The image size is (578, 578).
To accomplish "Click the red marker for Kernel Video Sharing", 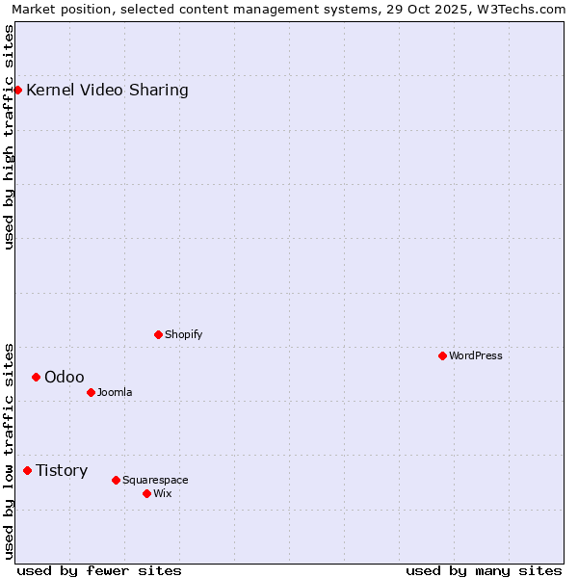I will pyautogui.click(x=17, y=90).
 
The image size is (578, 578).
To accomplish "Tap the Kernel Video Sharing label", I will pyautogui.click(x=107, y=91).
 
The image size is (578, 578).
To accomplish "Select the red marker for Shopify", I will pyautogui.click(x=158, y=334).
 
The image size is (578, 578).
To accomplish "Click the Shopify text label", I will pyautogui.click(x=183, y=334).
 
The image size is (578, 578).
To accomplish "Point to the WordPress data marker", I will pyautogui.click(x=442, y=355).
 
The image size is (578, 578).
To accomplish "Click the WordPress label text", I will pyautogui.click(x=475, y=355).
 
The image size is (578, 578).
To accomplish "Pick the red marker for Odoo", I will pyautogui.click(x=36, y=377).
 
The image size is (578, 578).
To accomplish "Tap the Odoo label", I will pyautogui.click(x=64, y=377).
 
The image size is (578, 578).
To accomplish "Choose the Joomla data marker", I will pyautogui.click(x=91, y=392).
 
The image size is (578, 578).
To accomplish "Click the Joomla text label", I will pyautogui.click(x=115, y=392).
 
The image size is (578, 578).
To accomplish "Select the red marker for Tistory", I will pyautogui.click(x=27, y=470).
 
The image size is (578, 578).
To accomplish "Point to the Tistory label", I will pyautogui.click(x=62, y=470).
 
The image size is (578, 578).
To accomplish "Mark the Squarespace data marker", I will pyautogui.click(x=116, y=480).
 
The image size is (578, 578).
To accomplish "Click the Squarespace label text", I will pyautogui.click(x=155, y=480).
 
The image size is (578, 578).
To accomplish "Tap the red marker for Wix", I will pyautogui.click(x=146, y=493).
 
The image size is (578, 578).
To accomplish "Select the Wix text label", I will pyautogui.click(x=163, y=493).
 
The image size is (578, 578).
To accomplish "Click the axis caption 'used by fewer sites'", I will pyautogui.click(x=99, y=570).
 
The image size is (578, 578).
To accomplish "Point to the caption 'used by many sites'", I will pyautogui.click(x=484, y=570).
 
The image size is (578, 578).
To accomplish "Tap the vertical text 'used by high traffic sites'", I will pyautogui.click(x=10, y=137).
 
